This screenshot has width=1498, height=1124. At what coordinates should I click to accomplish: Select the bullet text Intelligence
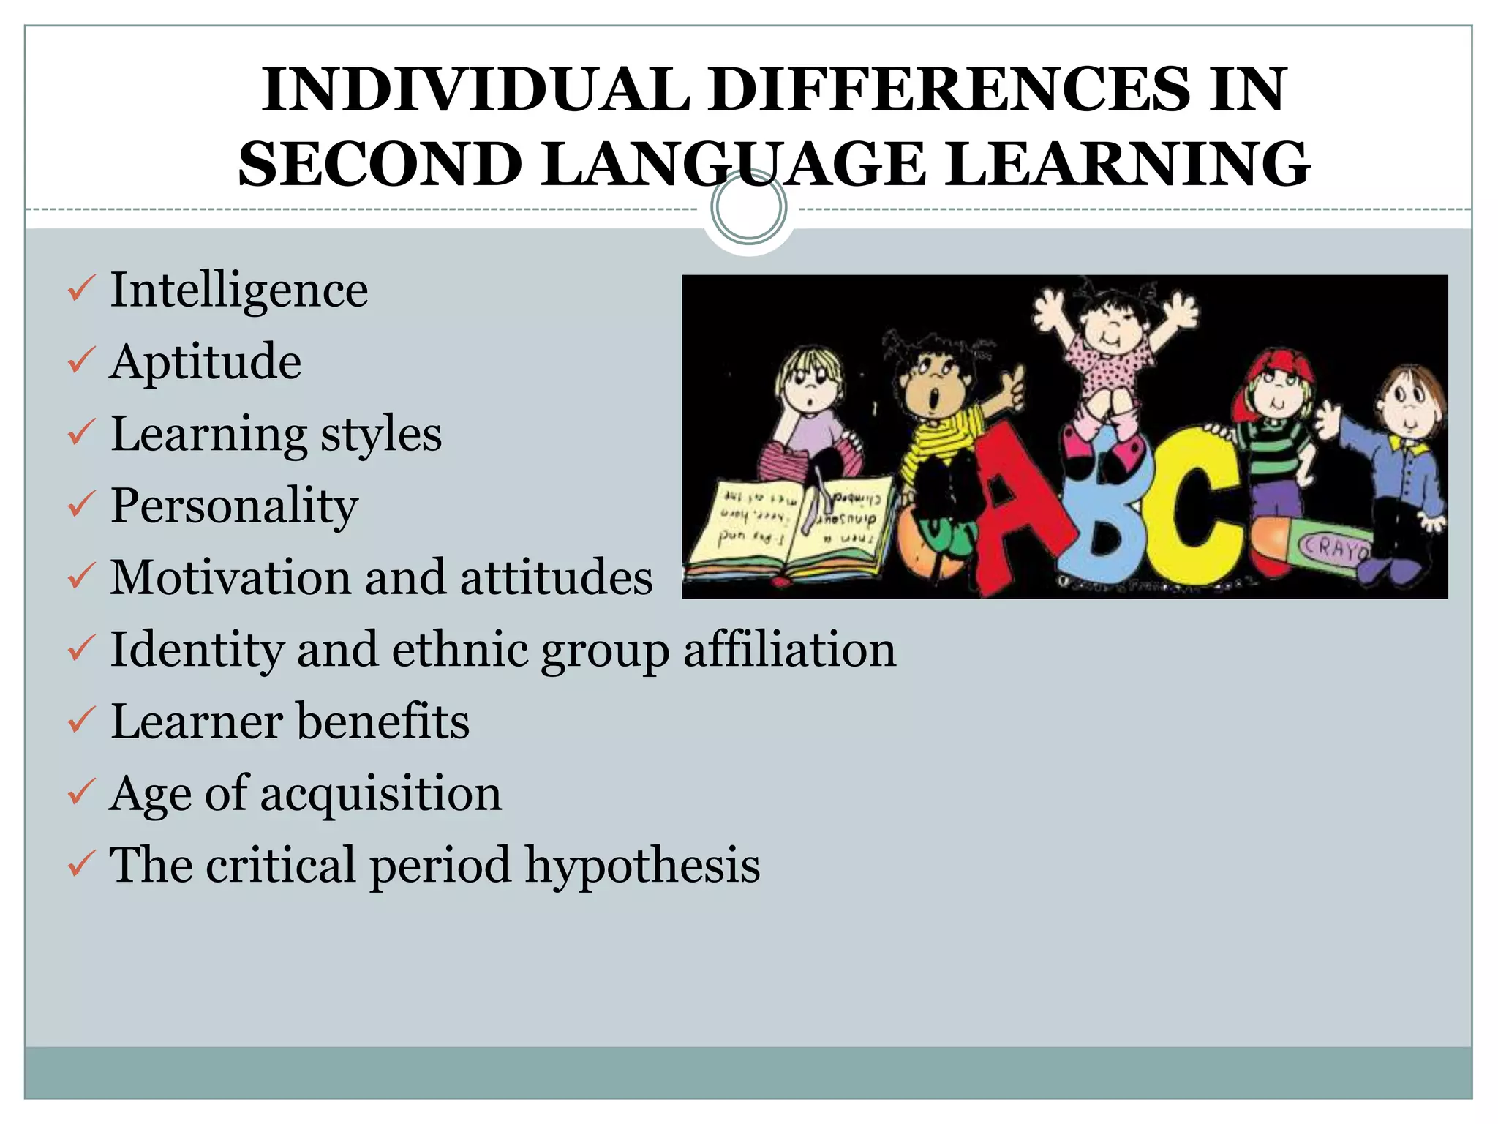(239, 291)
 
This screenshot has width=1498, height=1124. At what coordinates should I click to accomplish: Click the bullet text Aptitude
(206, 362)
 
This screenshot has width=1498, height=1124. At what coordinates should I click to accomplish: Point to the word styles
(381, 435)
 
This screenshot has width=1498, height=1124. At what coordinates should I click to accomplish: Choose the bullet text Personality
(234, 506)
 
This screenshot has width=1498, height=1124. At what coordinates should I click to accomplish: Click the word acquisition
(381, 794)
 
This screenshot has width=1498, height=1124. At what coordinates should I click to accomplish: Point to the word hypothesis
(643, 866)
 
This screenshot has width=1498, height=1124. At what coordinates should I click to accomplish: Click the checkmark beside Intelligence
(79, 289)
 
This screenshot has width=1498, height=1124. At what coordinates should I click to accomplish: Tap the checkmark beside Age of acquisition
(79, 793)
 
